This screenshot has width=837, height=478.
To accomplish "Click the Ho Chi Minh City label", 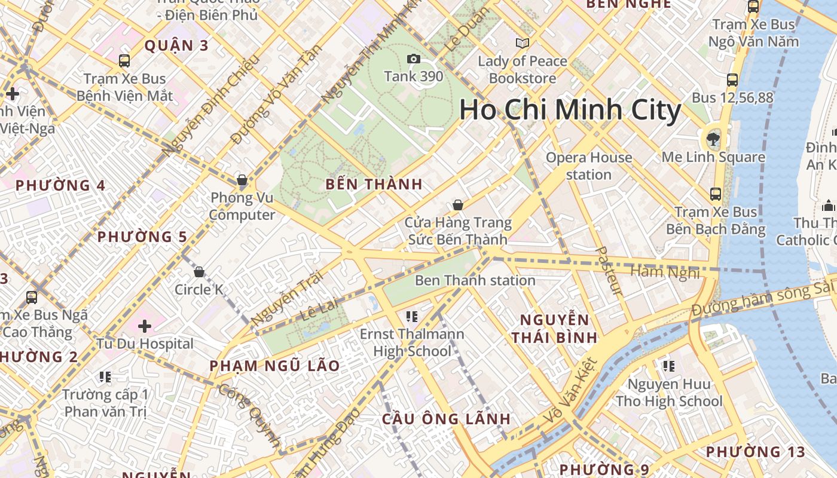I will pos(570,111).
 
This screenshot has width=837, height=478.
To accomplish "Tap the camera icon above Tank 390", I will pos(413,59).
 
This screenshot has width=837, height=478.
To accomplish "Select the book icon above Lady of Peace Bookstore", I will pos(523,43).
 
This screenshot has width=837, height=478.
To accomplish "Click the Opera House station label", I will pos(589,166).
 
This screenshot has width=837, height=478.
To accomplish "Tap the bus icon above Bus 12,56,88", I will pos(732,80).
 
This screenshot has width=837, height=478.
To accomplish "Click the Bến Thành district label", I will pos(374,184).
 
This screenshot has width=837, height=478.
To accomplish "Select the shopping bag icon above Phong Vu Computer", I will pos(242,180).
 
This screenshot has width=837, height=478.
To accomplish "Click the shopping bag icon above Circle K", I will pos(199,272).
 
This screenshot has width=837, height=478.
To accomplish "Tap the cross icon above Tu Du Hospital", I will pos(144,326).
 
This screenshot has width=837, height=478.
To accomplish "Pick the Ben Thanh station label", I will pos(475,280).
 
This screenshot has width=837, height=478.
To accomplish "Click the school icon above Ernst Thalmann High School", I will pos(411,316).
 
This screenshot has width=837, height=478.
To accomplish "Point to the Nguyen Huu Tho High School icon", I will pos(668,366).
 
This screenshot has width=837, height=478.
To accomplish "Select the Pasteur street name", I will pos(609,270).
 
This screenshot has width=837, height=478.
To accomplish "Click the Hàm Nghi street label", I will pos(665,272).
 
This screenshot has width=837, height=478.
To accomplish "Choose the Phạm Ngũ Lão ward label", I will pos(274,366).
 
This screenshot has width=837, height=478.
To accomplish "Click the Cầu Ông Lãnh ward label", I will pos(446,419).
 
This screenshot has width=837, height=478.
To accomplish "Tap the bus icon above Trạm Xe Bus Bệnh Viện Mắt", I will pos(124,61).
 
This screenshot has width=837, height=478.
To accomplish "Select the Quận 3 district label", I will pos(176,45).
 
